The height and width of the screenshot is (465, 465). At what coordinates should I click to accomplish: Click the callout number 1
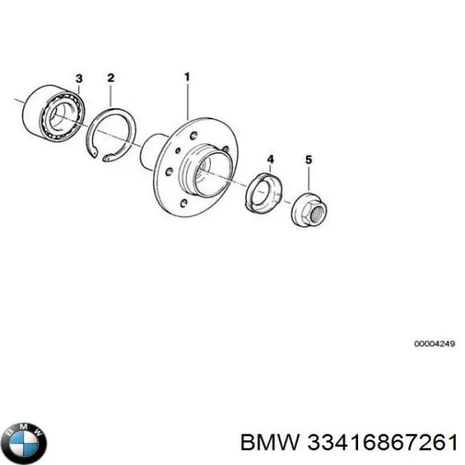pyautogui.click(x=187, y=77)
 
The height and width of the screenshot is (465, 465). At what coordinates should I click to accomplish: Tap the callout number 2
pyautogui.click(x=111, y=78)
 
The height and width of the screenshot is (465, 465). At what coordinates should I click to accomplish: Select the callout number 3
pyautogui.click(x=79, y=79)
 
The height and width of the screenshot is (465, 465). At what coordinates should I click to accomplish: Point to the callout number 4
pyautogui.click(x=270, y=159)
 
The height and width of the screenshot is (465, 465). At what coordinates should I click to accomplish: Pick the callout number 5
pyautogui.click(x=309, y=160)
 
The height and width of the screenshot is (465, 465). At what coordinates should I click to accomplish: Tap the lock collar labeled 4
pyautogui.click(x=264, y=193)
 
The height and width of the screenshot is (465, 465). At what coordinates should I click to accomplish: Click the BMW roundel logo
pyautogui.click(x=26, y=443)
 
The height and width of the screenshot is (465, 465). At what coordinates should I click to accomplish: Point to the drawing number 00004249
pyautogui.click(x=434, y=343)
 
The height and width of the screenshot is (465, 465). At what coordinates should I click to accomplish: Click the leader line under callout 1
pyautogui.click(x=187, y=101)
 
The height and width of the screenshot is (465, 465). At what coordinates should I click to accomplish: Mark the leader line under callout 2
pyautogui.click(x=110, y=94)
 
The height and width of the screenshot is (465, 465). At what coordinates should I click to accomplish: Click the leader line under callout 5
pyautogui.click(x=309, y=178)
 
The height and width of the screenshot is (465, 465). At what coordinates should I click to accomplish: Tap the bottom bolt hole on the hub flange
pyautogui.click(x=184, y=203)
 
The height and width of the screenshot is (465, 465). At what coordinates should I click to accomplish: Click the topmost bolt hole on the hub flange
pyautogui.click(x=193, y=136)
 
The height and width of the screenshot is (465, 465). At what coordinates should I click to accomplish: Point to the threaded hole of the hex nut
pyautogui.click(x=318, y=211)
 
